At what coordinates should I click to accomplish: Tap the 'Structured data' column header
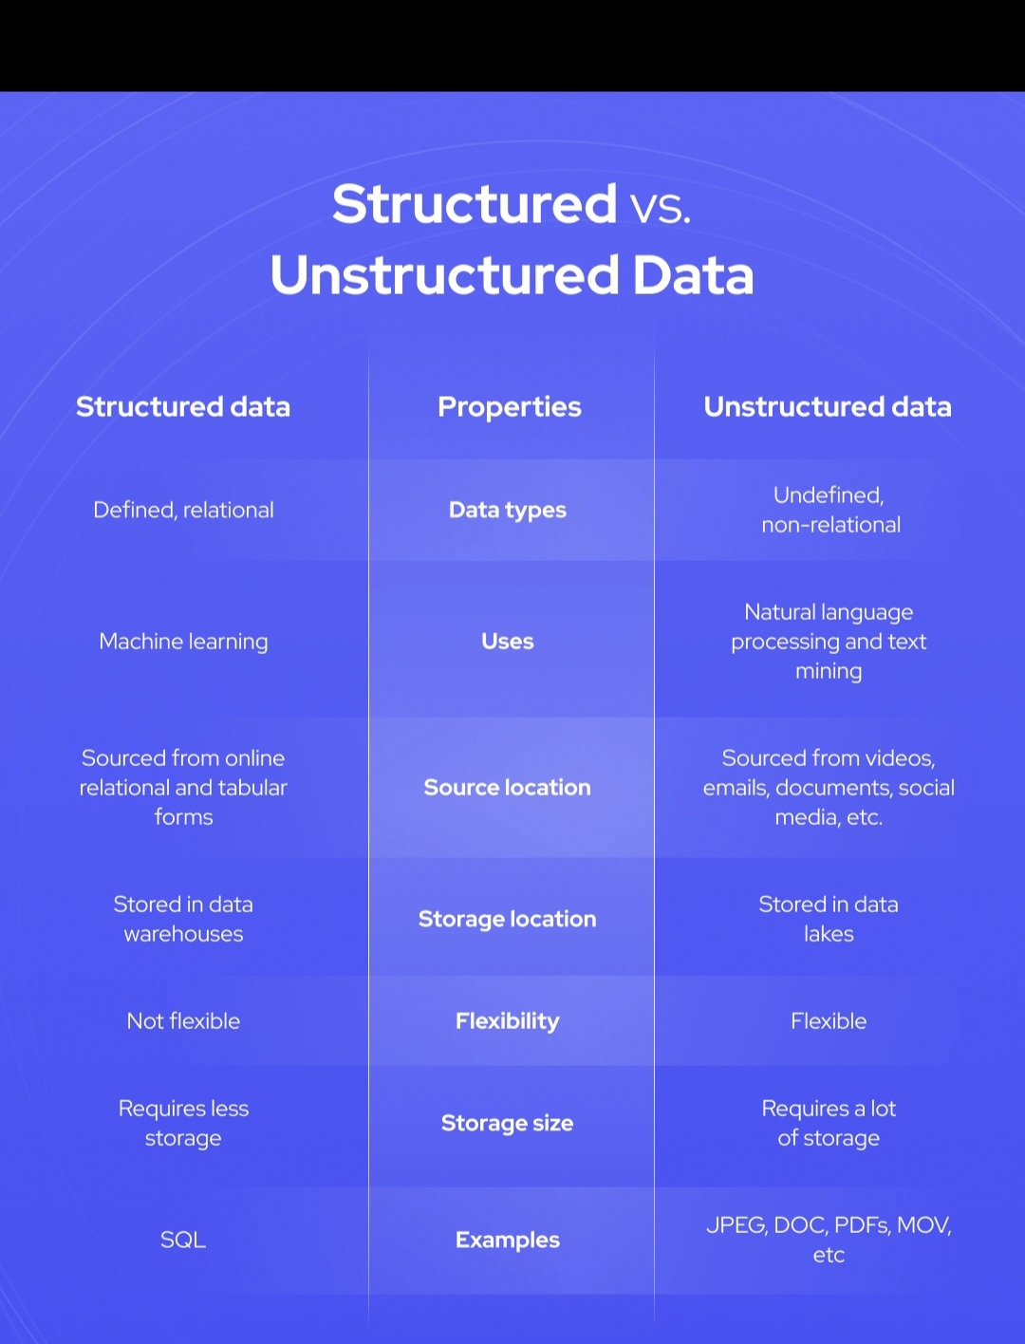coord(183,407)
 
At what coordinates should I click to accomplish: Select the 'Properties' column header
coord(510,407)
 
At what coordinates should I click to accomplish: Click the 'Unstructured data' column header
coord(828,407)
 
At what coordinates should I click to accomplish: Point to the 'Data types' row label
coord(508,511)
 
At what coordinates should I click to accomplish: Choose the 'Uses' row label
coord(508,642)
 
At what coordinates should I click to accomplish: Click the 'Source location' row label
coord(508,788)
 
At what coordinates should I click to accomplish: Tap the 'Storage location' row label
coord(508,919)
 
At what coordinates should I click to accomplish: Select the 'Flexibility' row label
coord(508,1021)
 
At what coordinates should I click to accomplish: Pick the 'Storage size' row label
coord(508,1124)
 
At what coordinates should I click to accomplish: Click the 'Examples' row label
coord(508,1241)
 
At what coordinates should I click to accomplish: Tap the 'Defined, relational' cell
coord(183,511)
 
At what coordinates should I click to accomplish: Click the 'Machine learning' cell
coord(183,642)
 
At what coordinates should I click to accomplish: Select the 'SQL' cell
coord(183,1240)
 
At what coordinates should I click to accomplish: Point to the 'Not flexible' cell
coord(183,1021)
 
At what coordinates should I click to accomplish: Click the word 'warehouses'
coord(183,934)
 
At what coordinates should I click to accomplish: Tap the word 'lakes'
coord(829,934)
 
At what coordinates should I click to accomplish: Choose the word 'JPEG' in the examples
coord(736,1225)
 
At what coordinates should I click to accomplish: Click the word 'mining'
coord(829,672)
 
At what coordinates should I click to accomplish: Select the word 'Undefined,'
coord(829,495)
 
